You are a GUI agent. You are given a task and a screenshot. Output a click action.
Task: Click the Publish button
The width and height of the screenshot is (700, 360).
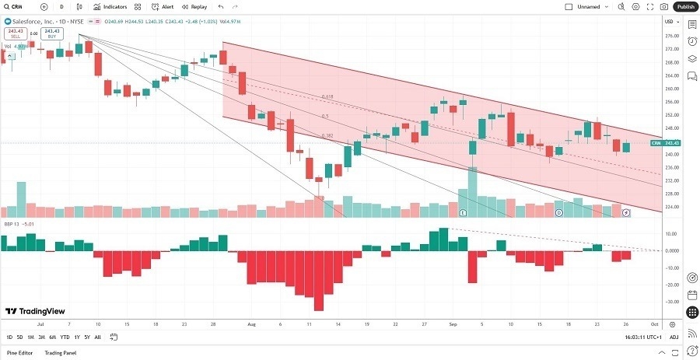(x=685, y=6)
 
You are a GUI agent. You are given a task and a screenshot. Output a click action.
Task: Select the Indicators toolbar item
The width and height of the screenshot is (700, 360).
(x=110, y=6)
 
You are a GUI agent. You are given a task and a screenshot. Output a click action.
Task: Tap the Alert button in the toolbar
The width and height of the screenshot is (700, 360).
(x=162, y=6)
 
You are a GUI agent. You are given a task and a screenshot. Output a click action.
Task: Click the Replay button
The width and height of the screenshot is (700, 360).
(x=194, y=6)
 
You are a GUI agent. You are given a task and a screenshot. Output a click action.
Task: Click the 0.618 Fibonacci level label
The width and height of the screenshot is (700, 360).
(x=327, y=97)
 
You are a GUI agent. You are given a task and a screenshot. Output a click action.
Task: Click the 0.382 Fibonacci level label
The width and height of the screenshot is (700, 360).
(x=327, y=135)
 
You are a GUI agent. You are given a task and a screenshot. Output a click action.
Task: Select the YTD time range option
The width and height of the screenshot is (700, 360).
(x=65, y=337)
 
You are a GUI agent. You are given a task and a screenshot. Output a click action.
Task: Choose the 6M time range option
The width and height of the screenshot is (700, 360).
(x=52, y=337)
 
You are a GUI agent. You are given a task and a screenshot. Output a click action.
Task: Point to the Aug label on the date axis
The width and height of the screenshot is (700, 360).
(x=251, y=323)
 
